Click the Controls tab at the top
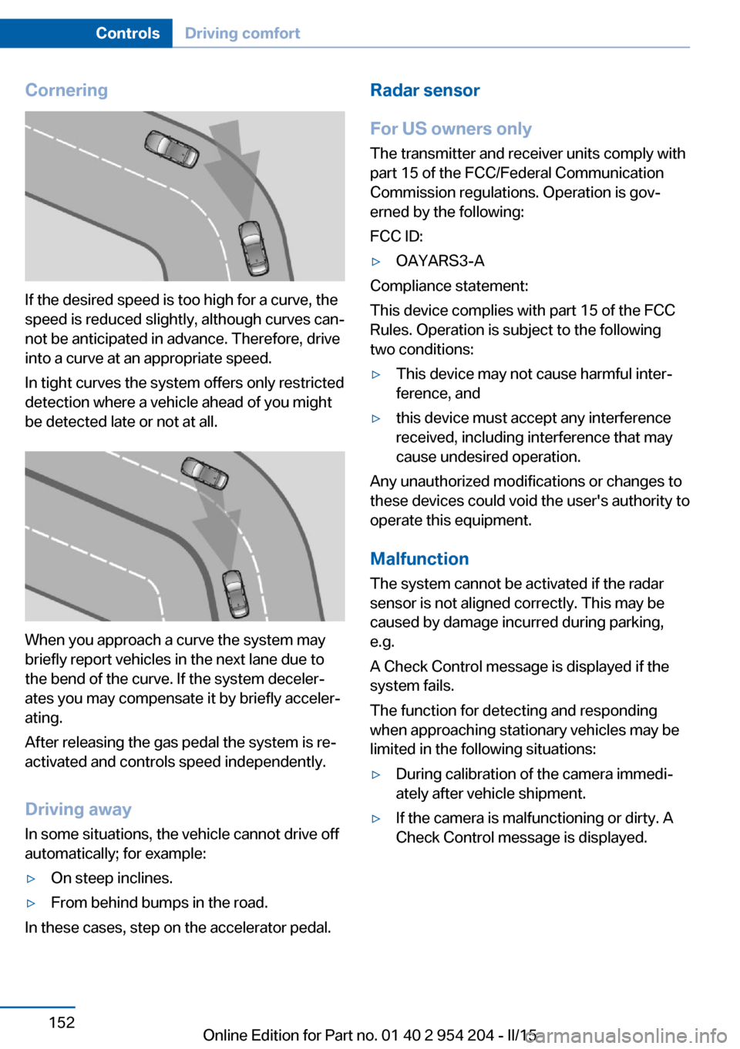(127, 33)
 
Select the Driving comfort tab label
(242, 33)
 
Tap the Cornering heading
(66, 90)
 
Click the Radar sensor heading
(425, 90)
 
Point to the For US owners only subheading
(451, 129)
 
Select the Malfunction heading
(419, 559)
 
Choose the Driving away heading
(78, 809)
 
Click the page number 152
(62, 1023)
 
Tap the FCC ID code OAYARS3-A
(440, 261)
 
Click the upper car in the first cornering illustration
(172, 149)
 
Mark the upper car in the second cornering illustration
(204, 473)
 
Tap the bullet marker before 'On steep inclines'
(32, 879)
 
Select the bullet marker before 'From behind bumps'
(32, 903)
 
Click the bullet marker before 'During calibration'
(376, 775)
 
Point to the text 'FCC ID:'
(396, 236)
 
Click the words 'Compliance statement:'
(449, 286)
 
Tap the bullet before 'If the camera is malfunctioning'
(376, 819)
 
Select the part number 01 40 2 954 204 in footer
(437, 1035)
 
